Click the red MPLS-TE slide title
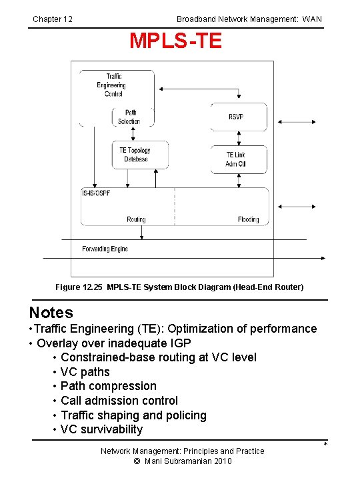(x=175, y=41)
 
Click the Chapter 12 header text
(x=53, y=19)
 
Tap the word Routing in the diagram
(x=136, y=219)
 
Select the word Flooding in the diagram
(x=248, y=219)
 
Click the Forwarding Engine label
(x=105, y=249)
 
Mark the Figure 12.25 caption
(x=179, y=287)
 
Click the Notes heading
(x=51, y=313)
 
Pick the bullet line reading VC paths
(x=85, y=372)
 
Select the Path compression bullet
(x=108, y=386)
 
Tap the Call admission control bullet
(x=119, y=401)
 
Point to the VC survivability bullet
(x=101, y=429)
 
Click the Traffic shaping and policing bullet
(x=133, y=415)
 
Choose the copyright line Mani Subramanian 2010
(x=182, y=461)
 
